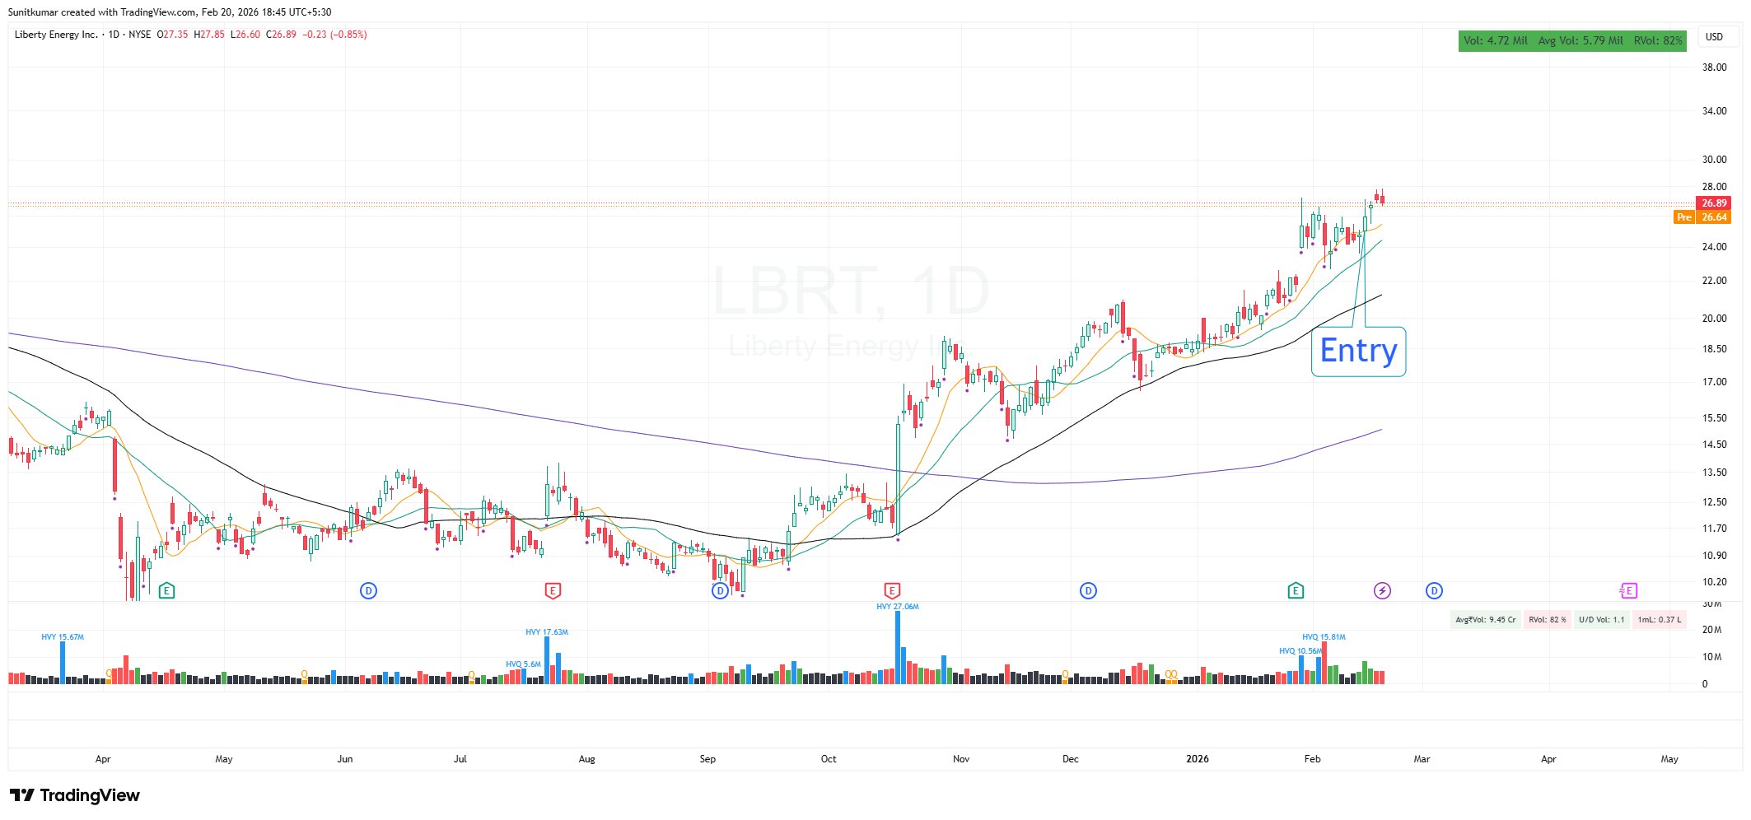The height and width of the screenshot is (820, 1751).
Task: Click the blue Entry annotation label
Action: tap(1358, 352)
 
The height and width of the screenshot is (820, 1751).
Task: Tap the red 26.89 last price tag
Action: tap(1713, 203)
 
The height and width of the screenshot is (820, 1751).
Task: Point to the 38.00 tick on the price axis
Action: tap(1714, 68)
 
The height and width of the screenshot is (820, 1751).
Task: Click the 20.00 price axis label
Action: tap(1714, 319)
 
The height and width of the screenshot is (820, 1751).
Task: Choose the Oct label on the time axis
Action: tap(829, 759)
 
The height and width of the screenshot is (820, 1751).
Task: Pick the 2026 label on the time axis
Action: tap(1197, 759)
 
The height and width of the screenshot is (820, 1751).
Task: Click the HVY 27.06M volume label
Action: tap(897, 607)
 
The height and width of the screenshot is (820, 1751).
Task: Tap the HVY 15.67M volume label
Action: tap(63, 637)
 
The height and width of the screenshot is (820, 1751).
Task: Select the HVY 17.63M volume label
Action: tap(546, 632)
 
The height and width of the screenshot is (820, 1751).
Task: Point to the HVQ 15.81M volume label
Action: tap(1324, 637)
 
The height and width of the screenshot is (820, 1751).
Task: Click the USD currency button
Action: tap(1714, 37)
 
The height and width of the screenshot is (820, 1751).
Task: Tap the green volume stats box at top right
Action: tap(1571, 40)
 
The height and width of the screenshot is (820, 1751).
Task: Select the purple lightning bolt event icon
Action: tap(1382, 590)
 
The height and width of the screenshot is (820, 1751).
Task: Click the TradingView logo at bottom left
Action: tap(75, 795)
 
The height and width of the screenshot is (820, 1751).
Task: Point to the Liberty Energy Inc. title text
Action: tap(56, 35)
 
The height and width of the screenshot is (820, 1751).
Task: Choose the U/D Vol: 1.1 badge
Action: tap(1601, 620)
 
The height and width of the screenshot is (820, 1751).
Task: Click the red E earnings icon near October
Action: tap(891, 590)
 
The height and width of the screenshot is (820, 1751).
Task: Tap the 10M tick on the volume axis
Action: tap(1711, 657)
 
